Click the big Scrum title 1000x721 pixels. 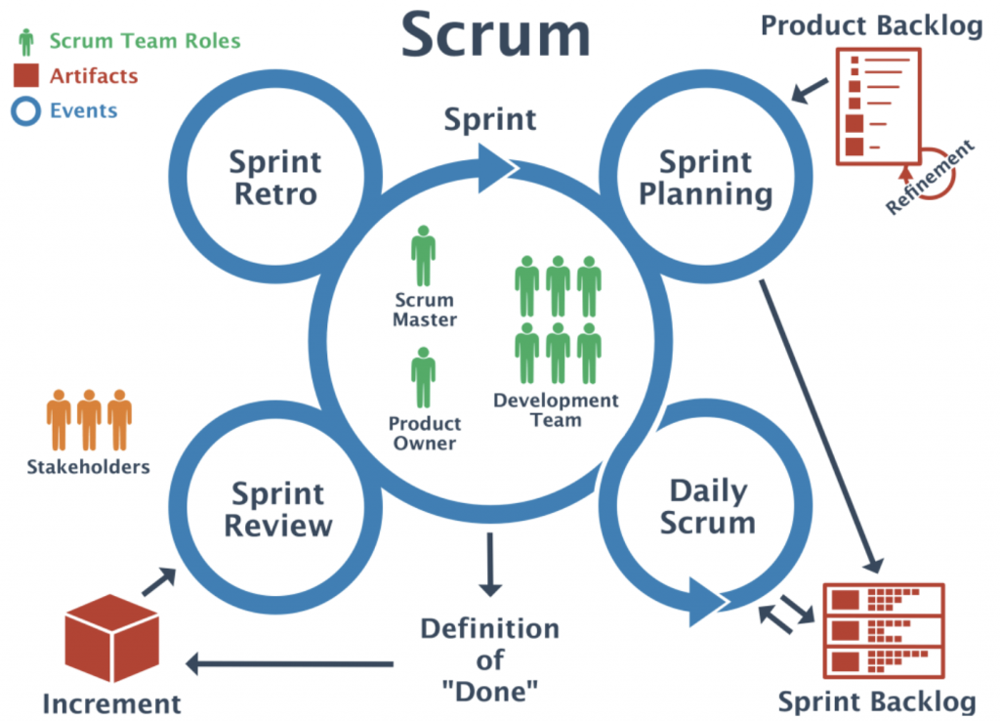(496, 36)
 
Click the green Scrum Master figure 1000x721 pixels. (423, 257)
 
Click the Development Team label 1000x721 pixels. (556, 410)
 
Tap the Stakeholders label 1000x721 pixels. (89, 466)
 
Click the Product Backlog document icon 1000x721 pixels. (878, 106)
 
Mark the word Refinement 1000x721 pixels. (930, 178)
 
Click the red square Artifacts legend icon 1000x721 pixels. (27, 76)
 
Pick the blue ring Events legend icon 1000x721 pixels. (27, 110)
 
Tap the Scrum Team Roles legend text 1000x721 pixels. (145, 41)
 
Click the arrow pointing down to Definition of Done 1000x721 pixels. (490, 569)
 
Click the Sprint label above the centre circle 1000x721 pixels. (490, 119)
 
